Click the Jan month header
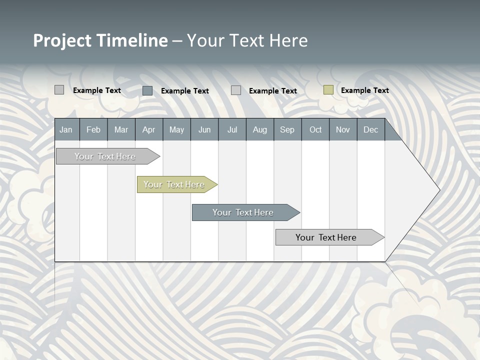pyautogui.click(x=66, y=130)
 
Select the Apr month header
pyautogui.click(x=148, y=130)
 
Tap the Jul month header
pyautogui.click(x=232, y=130)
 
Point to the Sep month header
pyautogui.click(x=287, y=130)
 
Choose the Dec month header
pyautogui.click(x=370, y=130)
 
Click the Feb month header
pyautogui.click(x=93, y=130)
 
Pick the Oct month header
pyautogui.click(x=315, y=130)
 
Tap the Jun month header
pyautogui.click(x=204, y=130)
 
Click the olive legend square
pyautogui.click(x=328, y=90)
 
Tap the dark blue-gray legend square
pyautogui.click(x=147, y=90)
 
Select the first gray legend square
pyautogui.click(x=59, y=90)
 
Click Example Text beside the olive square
pyautogui.click(x=364, y=90)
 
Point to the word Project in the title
pyautogui.click(x=63, y=40)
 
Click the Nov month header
pyautogui.click(x=343, y=130)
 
